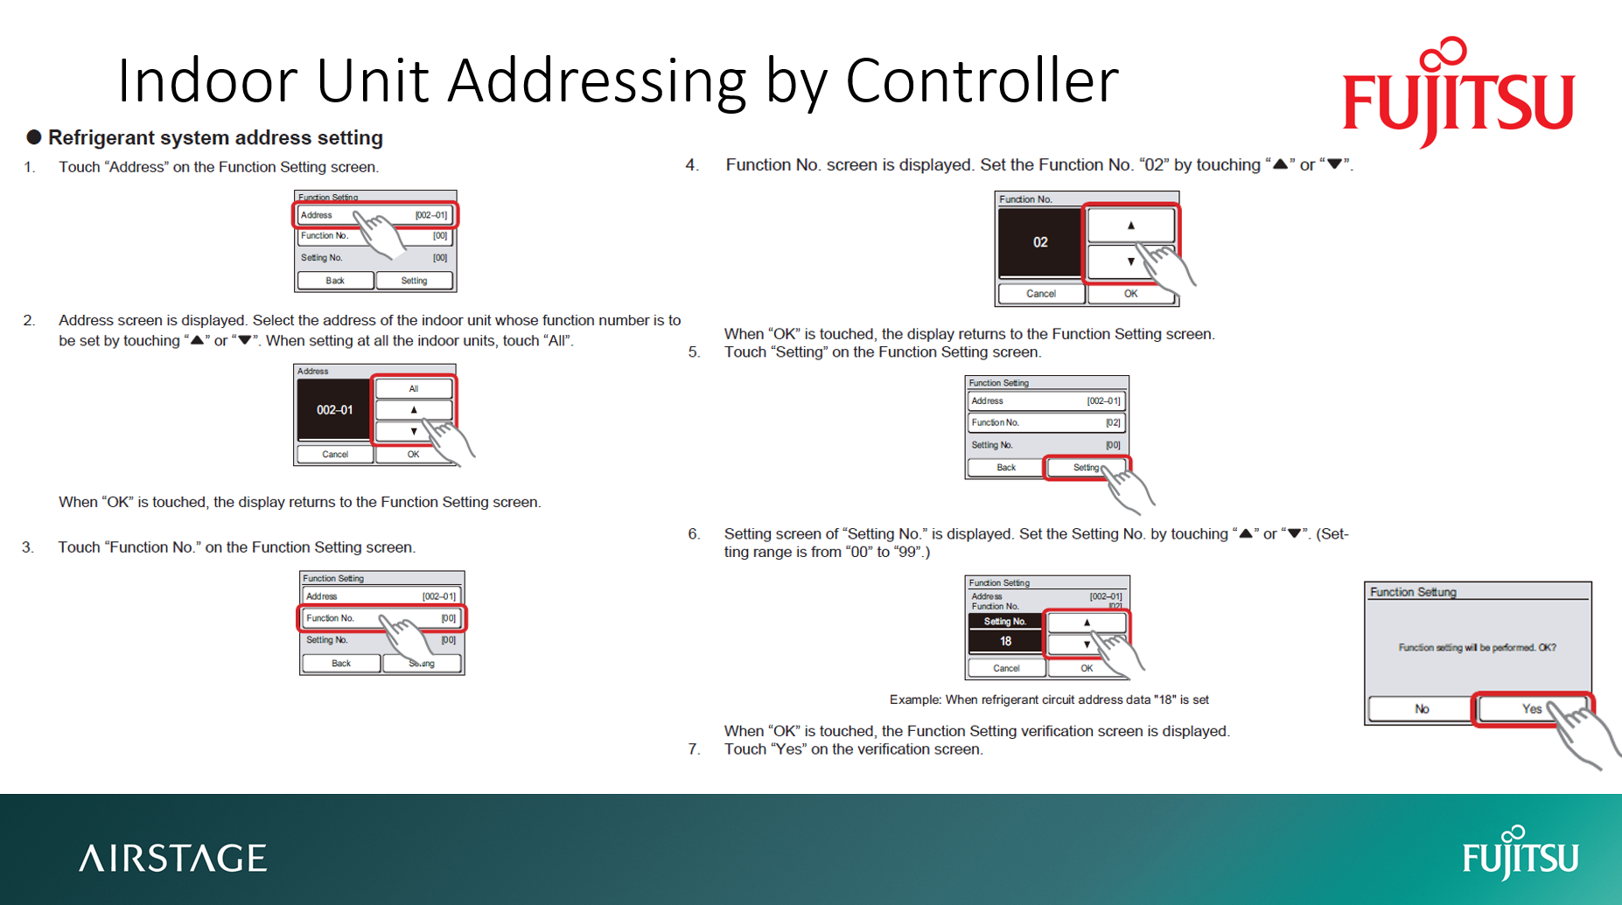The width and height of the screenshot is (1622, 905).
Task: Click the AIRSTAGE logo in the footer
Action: [173, 858]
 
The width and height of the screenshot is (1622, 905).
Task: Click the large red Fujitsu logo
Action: [1458, 96]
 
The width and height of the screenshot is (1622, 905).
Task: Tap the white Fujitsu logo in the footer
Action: [1521, 854]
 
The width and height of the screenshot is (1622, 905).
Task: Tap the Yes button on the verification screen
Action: [1531, 708]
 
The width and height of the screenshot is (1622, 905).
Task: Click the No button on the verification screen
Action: [1421, 708]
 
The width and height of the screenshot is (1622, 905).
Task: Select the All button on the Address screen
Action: [414, 388]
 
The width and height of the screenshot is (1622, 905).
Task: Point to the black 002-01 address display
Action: [334, 409]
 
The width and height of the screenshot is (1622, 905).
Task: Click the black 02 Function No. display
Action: [1039, 242]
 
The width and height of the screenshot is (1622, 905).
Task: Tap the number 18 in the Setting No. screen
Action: [1005, 641]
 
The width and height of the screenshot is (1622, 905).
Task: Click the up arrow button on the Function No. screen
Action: [1130, 225]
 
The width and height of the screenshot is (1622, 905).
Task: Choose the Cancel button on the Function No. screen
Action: [1040, 294]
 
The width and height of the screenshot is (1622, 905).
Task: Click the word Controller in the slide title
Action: [982, 80]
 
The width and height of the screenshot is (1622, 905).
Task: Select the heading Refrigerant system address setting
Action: [215, 137]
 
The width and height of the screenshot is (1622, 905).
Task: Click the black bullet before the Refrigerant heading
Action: [34, 137]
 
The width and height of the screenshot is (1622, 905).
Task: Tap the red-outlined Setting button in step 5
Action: [1087, 468]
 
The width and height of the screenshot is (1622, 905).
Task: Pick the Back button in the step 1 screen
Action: [335, 281]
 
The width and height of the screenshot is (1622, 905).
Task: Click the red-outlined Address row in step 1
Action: [374, 215]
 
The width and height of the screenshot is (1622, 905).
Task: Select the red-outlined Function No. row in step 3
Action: [381, 618]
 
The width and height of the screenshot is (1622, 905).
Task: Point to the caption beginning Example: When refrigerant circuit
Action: [1048, 700]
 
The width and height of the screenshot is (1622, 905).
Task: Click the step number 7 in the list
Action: [694, 748]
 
